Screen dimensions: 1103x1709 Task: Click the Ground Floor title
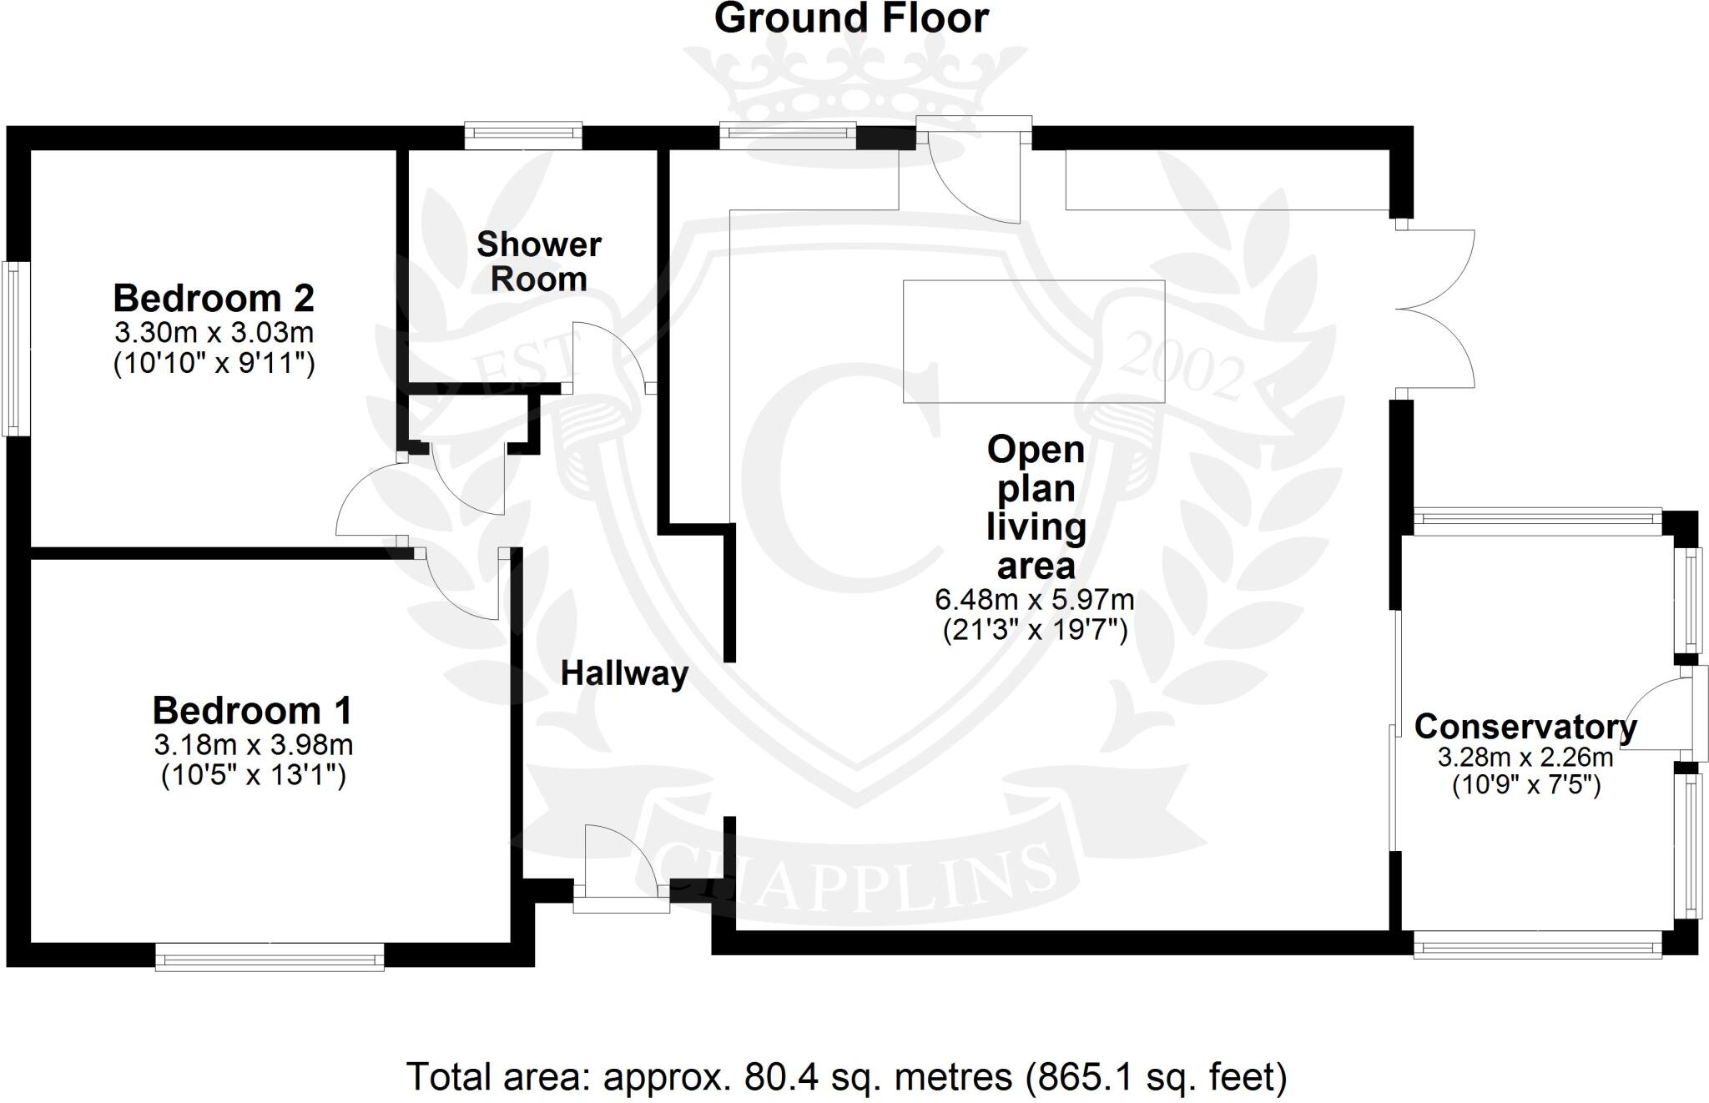(851, 18)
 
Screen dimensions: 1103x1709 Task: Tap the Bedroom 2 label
(214, 298)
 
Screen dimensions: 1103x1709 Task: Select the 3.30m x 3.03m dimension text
(214, 333)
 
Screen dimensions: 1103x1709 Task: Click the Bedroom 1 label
(252, 711)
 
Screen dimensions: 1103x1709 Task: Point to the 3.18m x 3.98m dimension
(253, 743)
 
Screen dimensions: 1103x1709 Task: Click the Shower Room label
(538, 262)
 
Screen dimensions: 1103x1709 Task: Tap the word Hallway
(624, 673)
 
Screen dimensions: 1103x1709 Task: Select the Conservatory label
(1525, 727)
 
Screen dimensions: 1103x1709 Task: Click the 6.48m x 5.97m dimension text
(1035, 599)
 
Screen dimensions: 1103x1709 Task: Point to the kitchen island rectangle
(1033, 341)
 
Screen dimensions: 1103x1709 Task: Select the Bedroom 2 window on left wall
(17, 348)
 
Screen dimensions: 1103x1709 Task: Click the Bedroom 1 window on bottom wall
(270, 956)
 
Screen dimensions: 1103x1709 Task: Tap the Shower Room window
(522, 136)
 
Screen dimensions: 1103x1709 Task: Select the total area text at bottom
(846, 1077)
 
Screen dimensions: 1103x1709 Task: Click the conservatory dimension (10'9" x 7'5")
(1526, 785)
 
